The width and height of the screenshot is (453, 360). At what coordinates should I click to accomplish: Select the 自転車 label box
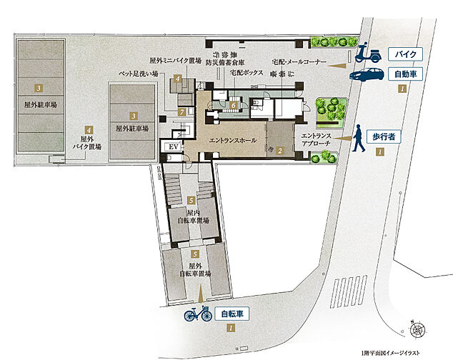click(x=231, y=312)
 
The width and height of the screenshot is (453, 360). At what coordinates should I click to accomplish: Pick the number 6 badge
click(x=233, y=105)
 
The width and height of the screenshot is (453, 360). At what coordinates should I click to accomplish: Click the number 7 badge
click(x=182, y=112)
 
